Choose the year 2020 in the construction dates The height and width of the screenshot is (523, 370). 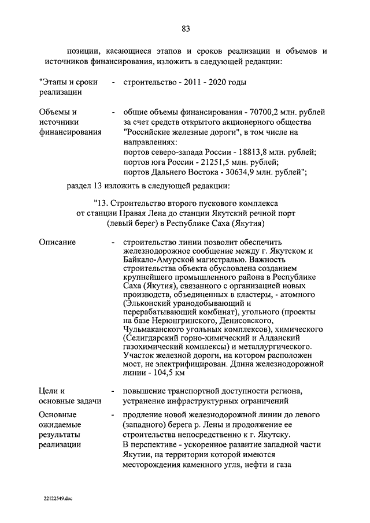click(x=216, y=82)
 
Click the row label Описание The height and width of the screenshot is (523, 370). click(x=57, y=242)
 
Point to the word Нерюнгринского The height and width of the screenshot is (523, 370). click(x=187, y=322)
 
